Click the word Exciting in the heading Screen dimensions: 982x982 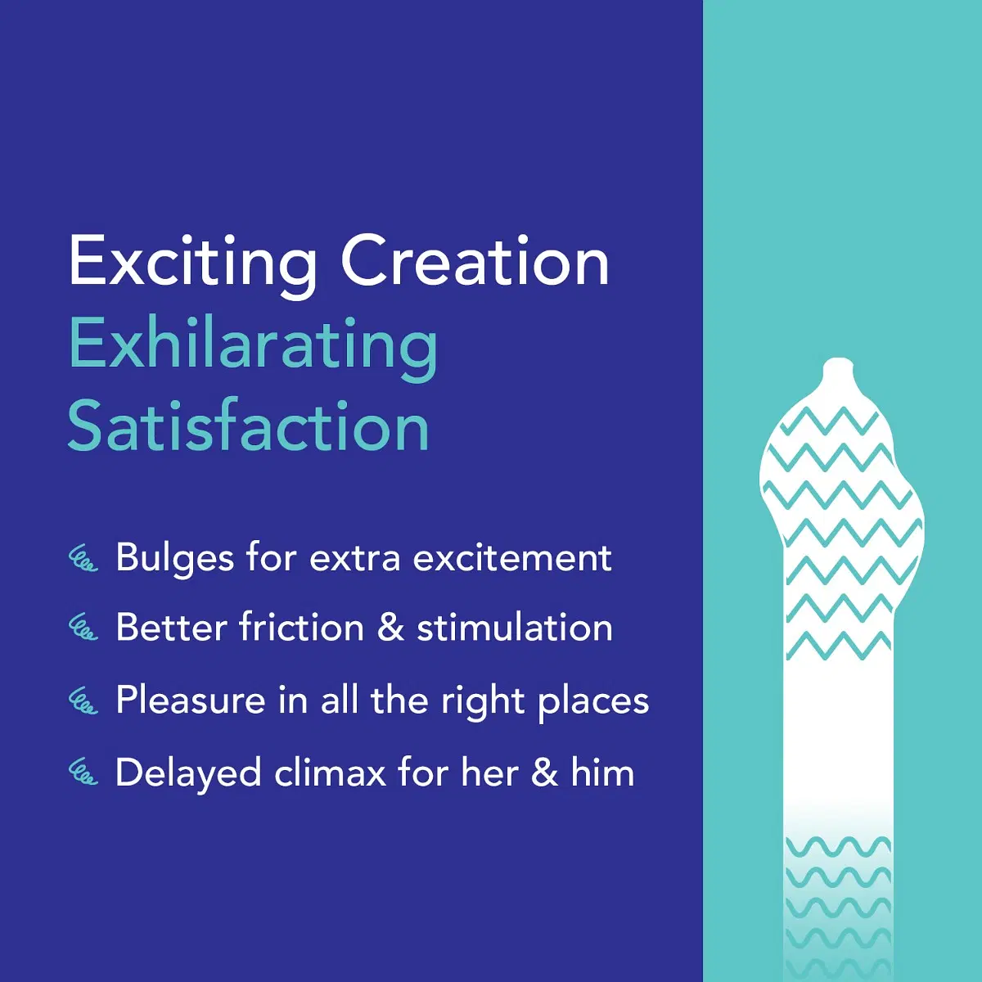[193, 264]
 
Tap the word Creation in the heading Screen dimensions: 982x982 [475, 261]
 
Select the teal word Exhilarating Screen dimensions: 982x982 [253, 347]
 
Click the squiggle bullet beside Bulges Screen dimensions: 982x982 [83, 559]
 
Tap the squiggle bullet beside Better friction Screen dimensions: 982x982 [83, 628]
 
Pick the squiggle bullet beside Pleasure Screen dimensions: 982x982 [83, 700]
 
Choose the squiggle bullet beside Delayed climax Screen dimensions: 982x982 [83, 772]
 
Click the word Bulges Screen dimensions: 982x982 [174, 560]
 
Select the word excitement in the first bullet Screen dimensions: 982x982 [512, 559]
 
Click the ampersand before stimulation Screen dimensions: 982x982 [390, 628]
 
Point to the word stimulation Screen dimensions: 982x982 [515, 628]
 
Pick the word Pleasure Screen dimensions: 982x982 [191, 700]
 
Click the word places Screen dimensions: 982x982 [593, 703]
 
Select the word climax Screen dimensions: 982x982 [330, 772]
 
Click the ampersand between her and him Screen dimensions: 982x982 [545, 772]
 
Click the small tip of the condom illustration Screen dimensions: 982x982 [837, 369]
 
